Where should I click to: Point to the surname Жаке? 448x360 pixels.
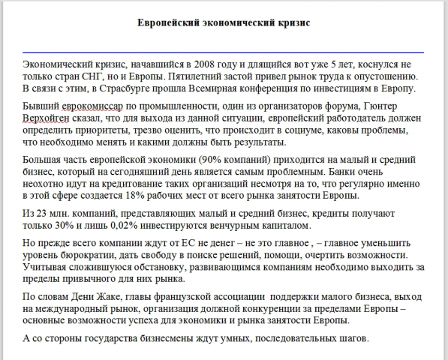(x=132, y=297)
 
